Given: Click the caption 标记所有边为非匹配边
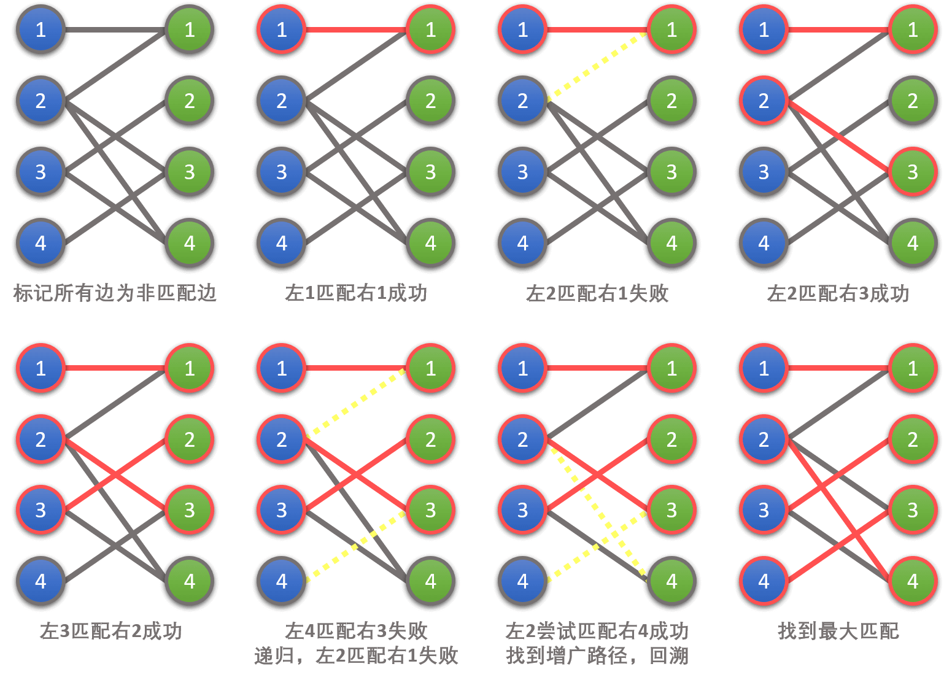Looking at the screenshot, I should (115, 293).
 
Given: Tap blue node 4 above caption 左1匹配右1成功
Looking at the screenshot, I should (281, 243).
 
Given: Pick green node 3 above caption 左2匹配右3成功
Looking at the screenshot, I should (913, 172).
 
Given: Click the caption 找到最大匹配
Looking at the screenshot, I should (838, 631).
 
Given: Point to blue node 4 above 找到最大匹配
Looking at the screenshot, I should (764, 581).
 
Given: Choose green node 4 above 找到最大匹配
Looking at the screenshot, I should (913, 581).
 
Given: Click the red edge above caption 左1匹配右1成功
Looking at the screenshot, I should (356, 29).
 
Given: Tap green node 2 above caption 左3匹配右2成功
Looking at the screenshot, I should (189, 439).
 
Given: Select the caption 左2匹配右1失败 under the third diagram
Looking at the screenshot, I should (597, 293).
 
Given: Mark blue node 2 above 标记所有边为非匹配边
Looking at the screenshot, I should (41, 101).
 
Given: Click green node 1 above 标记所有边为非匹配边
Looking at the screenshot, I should (189, 29).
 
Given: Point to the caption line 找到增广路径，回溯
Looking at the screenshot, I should (597, 655).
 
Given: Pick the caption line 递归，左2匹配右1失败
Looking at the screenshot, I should (356, 655).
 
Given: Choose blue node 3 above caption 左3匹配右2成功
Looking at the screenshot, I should (41, 510).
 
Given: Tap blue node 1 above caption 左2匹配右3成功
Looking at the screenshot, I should (764, 29).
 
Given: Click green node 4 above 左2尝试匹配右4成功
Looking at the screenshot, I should (671, 581).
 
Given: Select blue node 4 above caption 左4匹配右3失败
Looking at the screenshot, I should (281, 581).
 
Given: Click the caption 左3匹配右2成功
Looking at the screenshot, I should (111, 631).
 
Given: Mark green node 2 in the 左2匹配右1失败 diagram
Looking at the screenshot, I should (671, 101).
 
